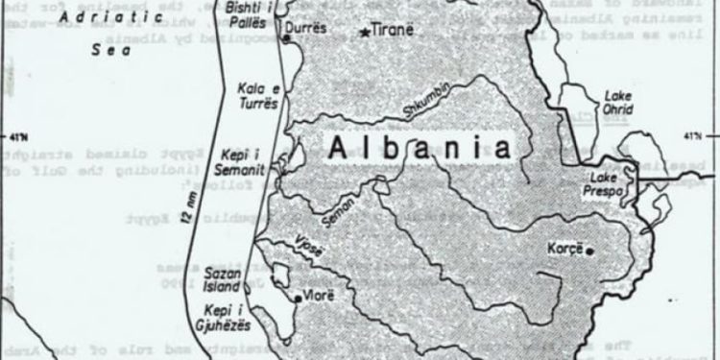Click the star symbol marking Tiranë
pos(365,33)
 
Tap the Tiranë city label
pos(393,30)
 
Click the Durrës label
pos(309,29)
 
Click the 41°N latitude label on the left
pos(14,132)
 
